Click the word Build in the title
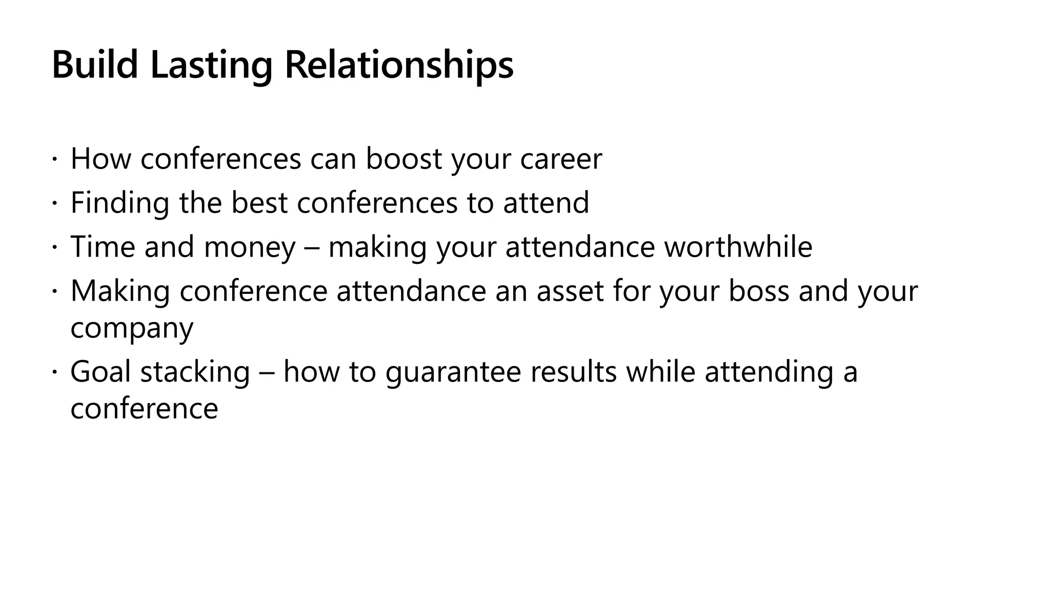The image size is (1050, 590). pos(95,65)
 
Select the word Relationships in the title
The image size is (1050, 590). pos(398,65)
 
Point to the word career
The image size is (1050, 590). pos(561,159)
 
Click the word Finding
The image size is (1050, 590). pos(119,203)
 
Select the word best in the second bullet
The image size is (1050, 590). pos(259,203)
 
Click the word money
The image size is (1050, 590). pos(250,247)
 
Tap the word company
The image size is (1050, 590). pos(132,329)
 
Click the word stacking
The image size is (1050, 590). pos(195,372)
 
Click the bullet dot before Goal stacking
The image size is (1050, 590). pos(55,372)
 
